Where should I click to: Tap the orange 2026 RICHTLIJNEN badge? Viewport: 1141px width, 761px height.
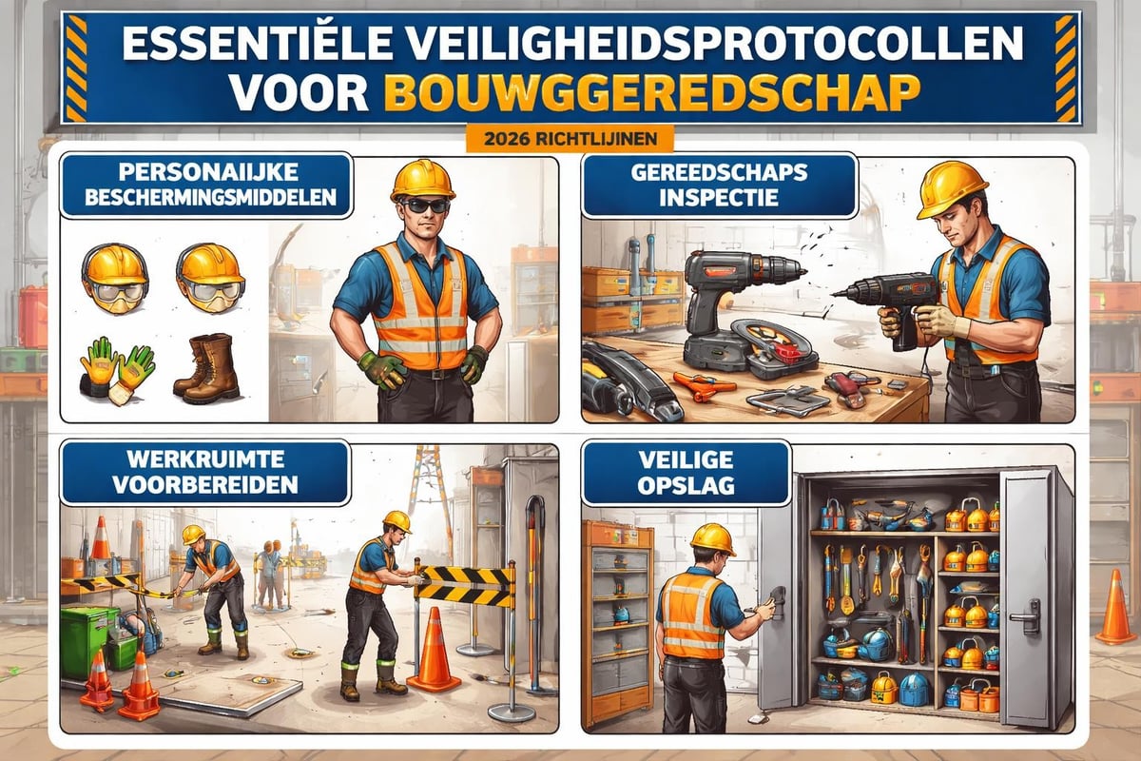click(570, 138)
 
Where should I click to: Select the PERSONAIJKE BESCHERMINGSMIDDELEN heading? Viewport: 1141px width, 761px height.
click(205, 186)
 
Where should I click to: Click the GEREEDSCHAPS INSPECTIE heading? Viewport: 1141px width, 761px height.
click(719, 186)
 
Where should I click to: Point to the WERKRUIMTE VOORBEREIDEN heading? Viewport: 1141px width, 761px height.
click(204, 471)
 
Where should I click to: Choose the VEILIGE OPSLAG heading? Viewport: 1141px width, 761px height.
click(685, 471)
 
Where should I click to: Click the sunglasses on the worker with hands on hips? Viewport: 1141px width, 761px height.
click(423, 205)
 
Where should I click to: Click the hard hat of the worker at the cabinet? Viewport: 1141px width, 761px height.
click(712, 538)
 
